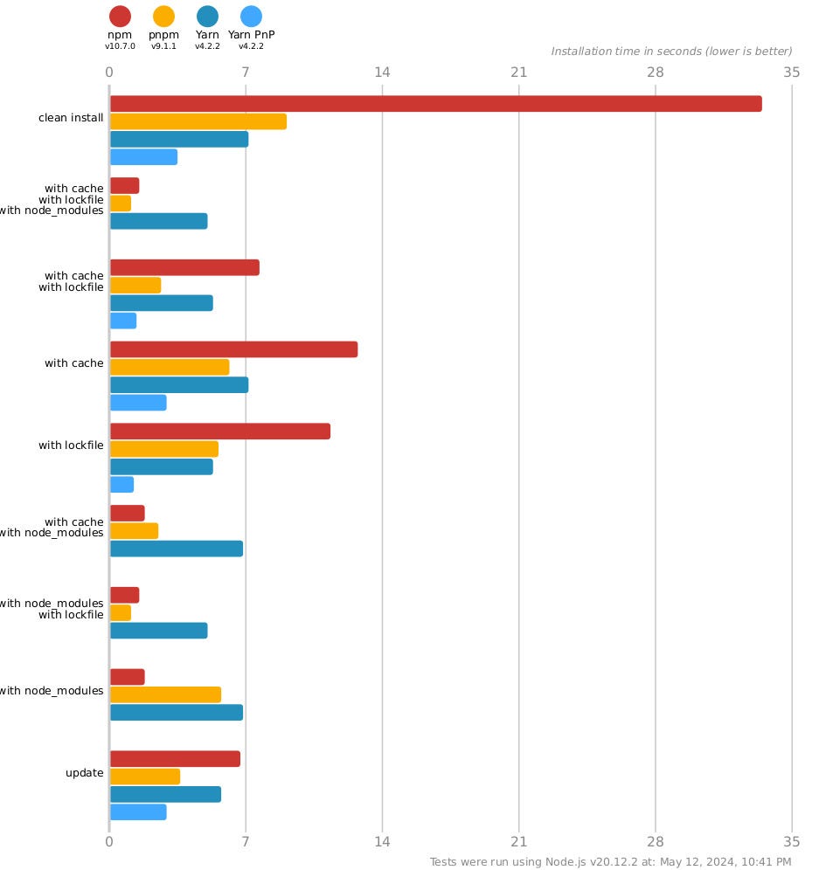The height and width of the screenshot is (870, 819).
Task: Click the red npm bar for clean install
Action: coord(435,104)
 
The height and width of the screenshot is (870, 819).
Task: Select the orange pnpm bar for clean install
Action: coord(198,121)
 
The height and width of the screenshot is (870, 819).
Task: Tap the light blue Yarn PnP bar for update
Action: coord(138,812)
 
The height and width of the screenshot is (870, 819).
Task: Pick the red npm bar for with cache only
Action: coord(233,349)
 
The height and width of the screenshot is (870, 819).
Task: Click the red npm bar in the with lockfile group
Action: coord(219,432)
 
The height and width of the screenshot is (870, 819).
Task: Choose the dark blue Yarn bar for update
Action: coord(165,794)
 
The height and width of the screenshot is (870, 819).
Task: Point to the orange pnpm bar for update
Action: coord(144,777)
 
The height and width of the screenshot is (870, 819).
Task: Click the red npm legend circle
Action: coord(120,16)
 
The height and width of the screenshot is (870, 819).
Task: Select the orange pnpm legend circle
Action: coord(163,16)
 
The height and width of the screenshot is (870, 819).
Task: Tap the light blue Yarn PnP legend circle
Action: coord(251,16)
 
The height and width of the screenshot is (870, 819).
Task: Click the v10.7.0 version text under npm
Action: coord(120,46)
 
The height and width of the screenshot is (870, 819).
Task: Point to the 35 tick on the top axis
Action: coord(792,72)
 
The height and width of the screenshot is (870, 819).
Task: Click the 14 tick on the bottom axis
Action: coord(382,842)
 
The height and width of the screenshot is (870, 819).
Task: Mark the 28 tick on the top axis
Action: coord(656,72)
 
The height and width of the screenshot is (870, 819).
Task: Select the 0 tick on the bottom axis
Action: coord(109,842)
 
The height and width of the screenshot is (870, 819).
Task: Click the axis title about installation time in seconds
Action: coord(671,52)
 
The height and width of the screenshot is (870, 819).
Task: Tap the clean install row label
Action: coord(71,118)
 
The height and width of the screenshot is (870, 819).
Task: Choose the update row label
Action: coord(85,773)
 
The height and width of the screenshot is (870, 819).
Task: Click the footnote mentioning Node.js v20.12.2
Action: coord(611,862)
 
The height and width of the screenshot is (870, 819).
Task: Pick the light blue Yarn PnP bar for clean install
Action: coord(143,157)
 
